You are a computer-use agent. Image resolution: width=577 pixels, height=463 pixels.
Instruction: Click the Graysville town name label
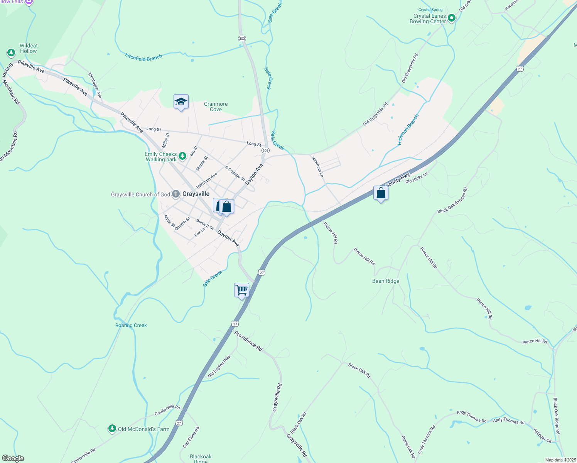(196, 194)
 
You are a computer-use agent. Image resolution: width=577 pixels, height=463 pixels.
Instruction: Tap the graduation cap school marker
(181, 102)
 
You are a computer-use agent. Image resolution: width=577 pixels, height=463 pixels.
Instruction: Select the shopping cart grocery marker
(241, 290)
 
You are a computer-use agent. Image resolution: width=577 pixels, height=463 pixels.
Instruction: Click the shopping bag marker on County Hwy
(381, 193)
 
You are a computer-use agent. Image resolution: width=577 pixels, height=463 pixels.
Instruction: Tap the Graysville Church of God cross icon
(175, 194)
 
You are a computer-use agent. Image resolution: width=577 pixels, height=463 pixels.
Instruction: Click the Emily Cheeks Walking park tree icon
(182, 156)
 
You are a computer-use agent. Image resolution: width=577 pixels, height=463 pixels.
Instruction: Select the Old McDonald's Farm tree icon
(112, 429)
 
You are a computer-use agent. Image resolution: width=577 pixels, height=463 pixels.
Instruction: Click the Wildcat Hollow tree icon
(11, 52)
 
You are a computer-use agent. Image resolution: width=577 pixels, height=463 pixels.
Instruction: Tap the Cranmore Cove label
(216, 106)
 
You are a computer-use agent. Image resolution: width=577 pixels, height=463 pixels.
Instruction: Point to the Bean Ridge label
(386, 281)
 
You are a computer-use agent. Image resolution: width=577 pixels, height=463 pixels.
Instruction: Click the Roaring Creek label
(131, 325)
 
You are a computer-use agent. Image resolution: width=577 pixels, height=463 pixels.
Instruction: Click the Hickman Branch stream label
(408, 130)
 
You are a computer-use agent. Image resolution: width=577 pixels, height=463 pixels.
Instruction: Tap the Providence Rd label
(248, 341)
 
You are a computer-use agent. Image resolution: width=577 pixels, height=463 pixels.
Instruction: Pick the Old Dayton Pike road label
(219, 366)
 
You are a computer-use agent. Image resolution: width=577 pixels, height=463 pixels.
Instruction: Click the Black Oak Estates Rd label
(452, 200)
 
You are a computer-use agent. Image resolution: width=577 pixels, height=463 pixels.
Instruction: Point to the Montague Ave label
(95, 85)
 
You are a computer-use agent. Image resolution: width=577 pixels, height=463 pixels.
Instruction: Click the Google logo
(13, 458)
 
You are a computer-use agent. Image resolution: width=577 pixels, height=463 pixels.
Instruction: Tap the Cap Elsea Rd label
(191, 437)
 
